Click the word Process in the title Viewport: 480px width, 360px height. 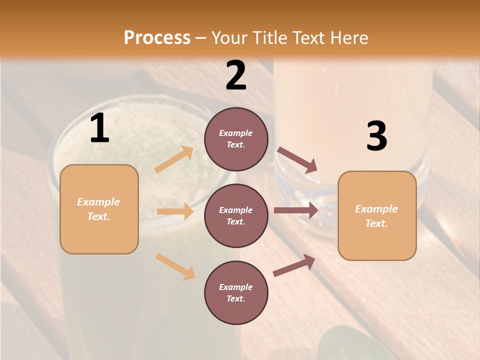(157, 38)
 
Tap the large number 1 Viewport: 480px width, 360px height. (99, 129)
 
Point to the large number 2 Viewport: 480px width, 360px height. (236, 75)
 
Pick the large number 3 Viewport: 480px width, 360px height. (376, 136)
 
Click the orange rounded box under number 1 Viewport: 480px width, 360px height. (99, 209)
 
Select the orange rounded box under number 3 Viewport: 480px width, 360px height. (377, 216)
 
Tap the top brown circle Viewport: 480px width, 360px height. (236, 139)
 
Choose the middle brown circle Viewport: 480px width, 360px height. (236, 216)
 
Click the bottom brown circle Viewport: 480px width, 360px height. (236, 293)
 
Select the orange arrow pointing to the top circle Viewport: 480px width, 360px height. (174, 159)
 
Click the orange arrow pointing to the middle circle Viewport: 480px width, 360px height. (175, 211)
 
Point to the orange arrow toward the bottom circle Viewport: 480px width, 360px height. (175, 266)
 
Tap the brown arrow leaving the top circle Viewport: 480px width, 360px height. (297, 160)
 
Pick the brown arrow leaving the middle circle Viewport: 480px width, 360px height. (296, 210)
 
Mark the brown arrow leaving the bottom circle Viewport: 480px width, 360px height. (294, 265)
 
